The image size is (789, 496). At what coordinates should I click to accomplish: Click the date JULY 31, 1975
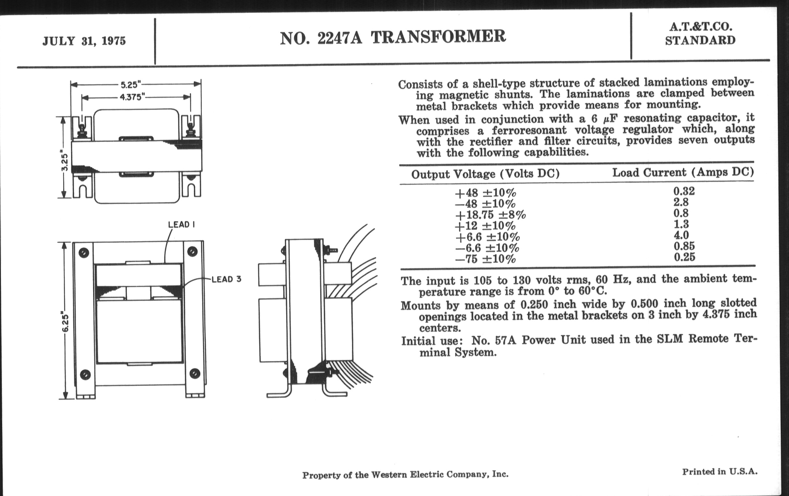click(x=84, y=41)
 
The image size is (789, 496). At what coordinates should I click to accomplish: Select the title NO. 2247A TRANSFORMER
click(x=393, y=37)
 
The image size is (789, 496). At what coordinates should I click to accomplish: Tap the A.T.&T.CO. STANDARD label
click(x=700, y=33)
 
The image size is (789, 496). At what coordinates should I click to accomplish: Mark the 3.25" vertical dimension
click(x=65, y=162)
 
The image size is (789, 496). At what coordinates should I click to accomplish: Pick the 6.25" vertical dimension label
click(x=65, y=323)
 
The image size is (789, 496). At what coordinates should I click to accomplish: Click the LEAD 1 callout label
click(x=181, y=225)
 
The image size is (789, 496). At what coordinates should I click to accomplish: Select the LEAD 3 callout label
click(x=226, y=279)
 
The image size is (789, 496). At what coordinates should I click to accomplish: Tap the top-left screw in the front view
click(x=84, y=253)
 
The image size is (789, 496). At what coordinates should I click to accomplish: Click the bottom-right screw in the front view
click(x=195, y=373)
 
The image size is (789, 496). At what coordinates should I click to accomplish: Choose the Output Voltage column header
click(x=485, y=174)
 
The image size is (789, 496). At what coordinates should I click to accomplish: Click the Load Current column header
click(x=683, y=172)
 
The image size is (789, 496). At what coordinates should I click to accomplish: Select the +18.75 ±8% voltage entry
click(x=490, y=215)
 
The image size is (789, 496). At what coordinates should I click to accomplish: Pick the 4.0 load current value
click(x=681, y=235)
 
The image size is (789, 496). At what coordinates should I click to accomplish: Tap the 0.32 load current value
click(x=684, y=191)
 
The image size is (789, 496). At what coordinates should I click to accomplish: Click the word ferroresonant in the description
click(x=529, y=130)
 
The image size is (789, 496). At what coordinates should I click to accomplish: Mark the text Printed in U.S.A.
click(x=720, y=472)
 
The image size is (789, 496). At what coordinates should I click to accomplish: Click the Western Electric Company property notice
click(x=405, y=474)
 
